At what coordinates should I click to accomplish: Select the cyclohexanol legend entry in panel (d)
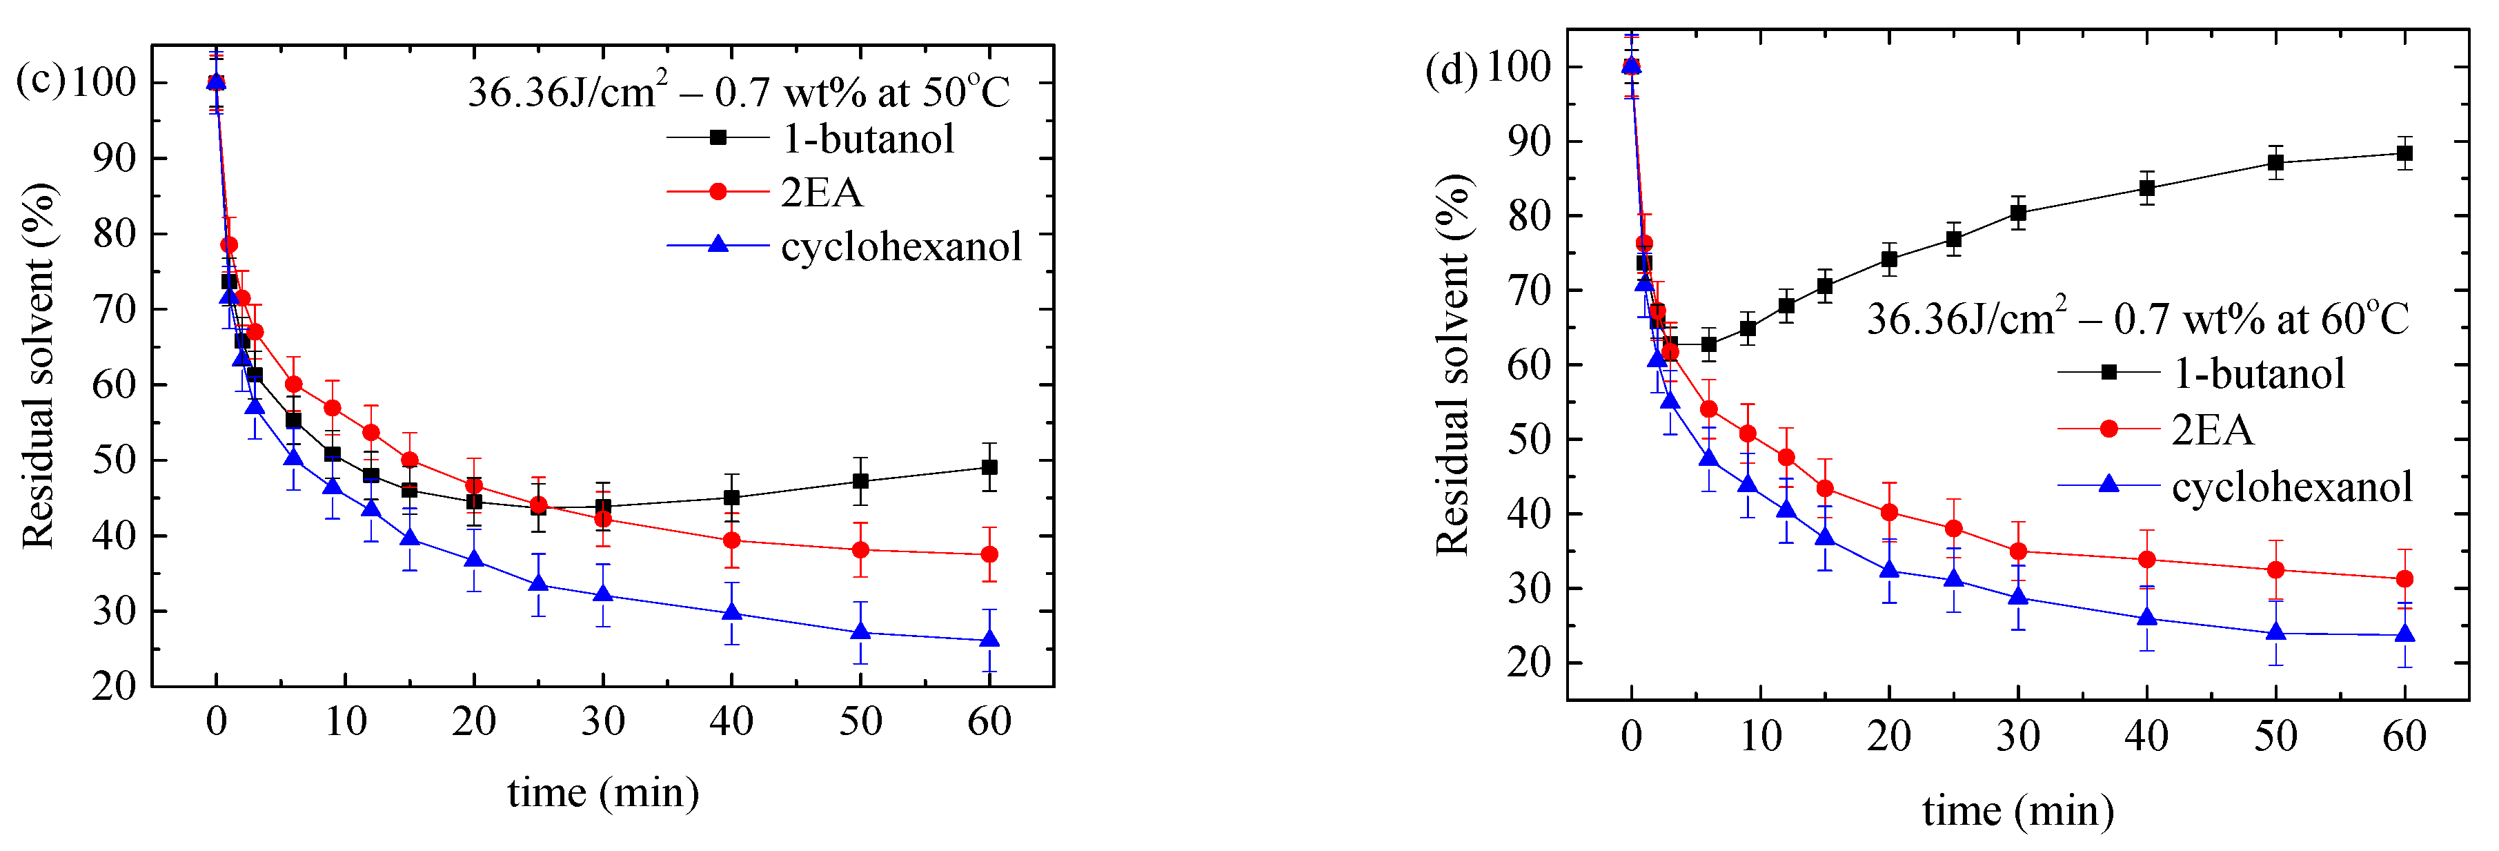(x=2291, y=486)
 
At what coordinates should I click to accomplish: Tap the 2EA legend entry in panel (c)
(x=821, y=192)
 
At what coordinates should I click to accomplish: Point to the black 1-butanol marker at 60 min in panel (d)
(x=2404, y=153)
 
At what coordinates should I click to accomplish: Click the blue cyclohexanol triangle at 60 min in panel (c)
(x=989, y=640)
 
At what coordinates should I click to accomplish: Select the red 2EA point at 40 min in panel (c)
(x=731, y=540)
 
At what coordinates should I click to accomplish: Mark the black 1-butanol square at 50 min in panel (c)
(x=860, y=481)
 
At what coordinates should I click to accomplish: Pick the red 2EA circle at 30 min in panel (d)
(x=2018, y=551)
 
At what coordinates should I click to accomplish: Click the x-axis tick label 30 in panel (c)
(x=602, y=721)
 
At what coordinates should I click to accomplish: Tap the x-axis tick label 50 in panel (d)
(x=2275, y=736)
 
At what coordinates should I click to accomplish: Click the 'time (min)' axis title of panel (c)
(x=602, y=793)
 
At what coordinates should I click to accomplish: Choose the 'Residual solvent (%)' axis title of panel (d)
(x=1452, y=365)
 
